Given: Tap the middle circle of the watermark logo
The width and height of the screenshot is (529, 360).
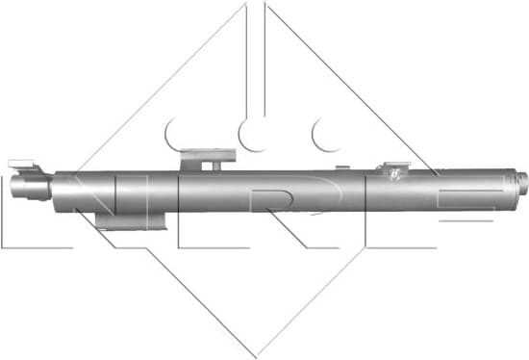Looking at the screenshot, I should pos(255,135).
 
